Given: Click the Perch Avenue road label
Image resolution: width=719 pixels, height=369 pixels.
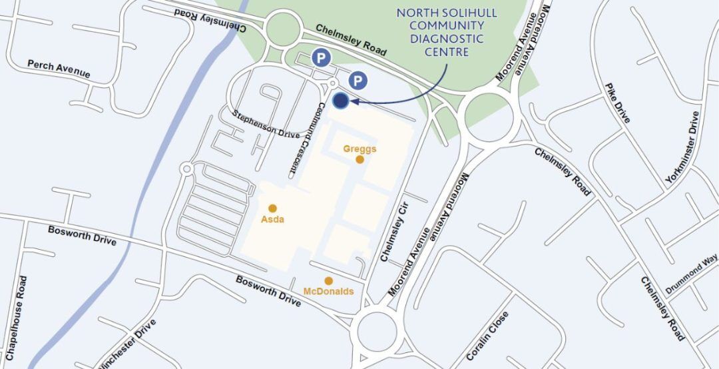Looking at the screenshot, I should pos(59,68).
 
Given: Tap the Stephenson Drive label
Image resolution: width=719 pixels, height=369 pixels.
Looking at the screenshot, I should pos(266,124).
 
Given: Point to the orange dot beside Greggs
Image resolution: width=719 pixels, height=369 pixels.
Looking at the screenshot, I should pos(359,159).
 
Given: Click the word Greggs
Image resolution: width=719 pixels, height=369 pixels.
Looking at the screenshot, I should pos(359,149).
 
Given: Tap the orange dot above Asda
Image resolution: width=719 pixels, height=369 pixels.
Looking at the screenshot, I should pos(272,208).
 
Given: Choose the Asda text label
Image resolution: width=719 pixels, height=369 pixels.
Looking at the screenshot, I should pos(272,219).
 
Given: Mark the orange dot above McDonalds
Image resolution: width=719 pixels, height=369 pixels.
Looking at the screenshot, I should pos(328,281).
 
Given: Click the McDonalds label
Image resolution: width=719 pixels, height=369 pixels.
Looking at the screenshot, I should pos(328,292).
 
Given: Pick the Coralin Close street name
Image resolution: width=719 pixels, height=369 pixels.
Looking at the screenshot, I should pos(487,336).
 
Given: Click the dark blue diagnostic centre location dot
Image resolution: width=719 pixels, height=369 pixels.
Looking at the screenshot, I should pos(340,101).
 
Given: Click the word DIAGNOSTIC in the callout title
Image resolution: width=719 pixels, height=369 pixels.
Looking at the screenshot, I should pos(440,39).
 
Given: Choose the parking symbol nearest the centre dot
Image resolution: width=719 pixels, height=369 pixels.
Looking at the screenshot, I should pos(358,81).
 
